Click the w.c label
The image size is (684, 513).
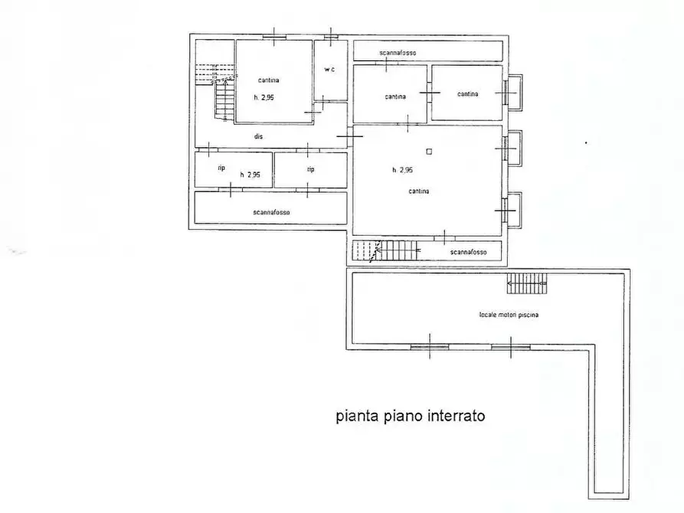click(x=329, y=70)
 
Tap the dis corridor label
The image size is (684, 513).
click(x=260, y=136)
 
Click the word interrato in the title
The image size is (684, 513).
click(x=451, y=417)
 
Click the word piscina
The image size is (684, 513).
click(x=527, y=315)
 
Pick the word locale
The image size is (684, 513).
click(x=487, y=315)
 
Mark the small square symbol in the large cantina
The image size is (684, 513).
click(x=429, y=151)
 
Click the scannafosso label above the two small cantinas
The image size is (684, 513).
click(x=397, y=52)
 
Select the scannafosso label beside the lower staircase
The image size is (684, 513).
click(x=469, y=251)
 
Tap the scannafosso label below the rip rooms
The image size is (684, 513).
click(x=271, y=212)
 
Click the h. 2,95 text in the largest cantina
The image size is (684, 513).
click(x=403, y=170)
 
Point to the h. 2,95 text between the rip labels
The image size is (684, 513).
click(x=250, y=175)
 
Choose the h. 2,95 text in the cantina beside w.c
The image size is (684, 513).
click(x=263, y=97)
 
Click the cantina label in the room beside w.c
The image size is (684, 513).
click(x=267, y=80)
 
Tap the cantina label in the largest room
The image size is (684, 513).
click(x=419, y=191)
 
